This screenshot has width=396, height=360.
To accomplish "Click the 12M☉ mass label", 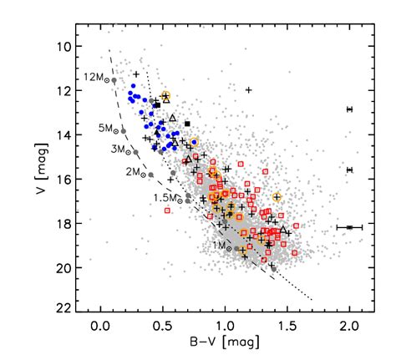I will coord(94,77).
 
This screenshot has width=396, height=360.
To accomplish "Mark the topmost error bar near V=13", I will coord(349,109).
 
